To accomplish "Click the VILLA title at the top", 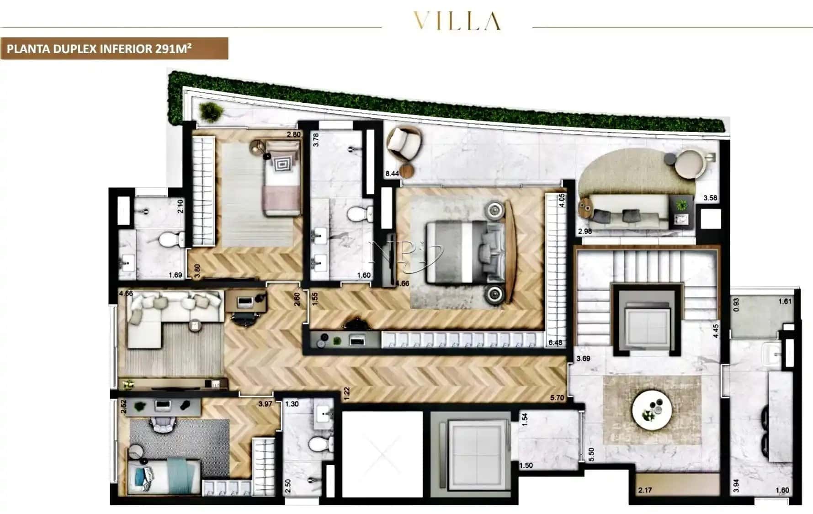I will (457, 21).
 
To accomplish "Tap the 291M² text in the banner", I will (173, 48).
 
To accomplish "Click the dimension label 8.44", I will (392, 174).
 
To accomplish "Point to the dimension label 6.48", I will (555, 343).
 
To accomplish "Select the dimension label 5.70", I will (557, 398).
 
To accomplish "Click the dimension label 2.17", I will (645, 490).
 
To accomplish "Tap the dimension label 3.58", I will (710, 198).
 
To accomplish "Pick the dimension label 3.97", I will (265, 404).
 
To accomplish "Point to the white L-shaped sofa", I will (165, 313).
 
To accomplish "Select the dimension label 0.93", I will (736, 305).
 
